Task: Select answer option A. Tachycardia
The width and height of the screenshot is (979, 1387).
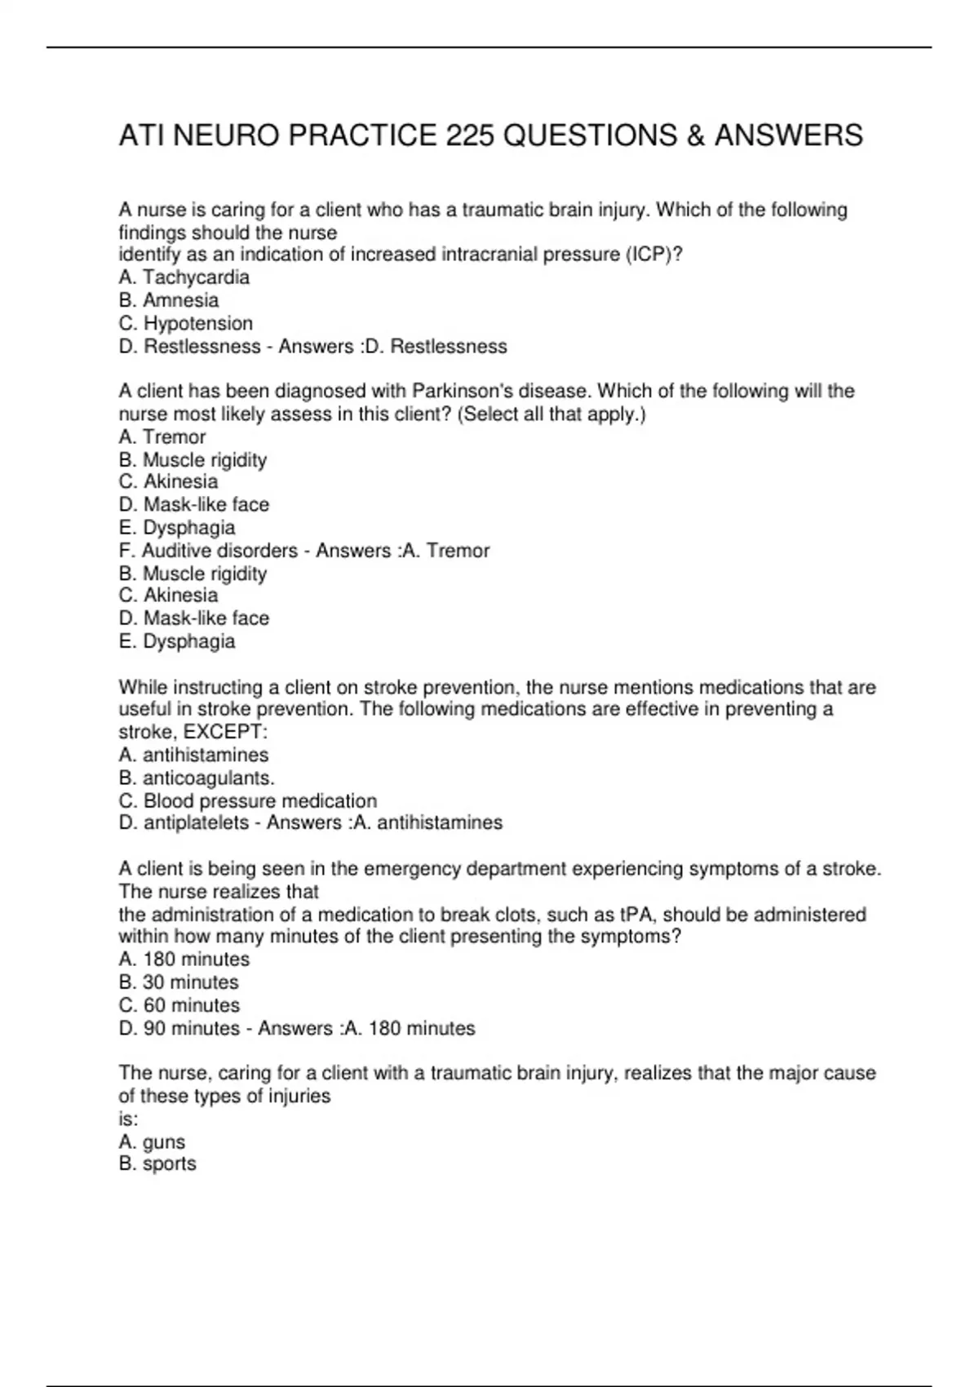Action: (x=184, y=277)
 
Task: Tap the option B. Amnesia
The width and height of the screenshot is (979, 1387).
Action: (x=168, y=300)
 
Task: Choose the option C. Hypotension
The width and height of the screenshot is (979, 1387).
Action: (x=185, y=323)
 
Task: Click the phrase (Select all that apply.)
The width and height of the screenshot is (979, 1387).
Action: (x=552, y=414)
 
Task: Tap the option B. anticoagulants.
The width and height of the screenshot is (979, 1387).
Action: (x=196, y=778)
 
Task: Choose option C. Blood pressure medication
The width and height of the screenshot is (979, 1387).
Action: (x=247, y=800)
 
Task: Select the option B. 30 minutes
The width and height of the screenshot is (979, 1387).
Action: (x=179, y=982)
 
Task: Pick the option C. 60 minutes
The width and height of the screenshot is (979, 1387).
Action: (x=179, y=1005)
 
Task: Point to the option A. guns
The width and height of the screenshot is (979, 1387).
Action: (x=152, y=1142)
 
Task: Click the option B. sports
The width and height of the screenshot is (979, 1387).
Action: (x=157, y=1163)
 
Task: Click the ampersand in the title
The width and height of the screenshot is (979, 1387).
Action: (x=696, y=135)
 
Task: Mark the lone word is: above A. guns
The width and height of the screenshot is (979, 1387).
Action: (x=129, y=1119)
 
